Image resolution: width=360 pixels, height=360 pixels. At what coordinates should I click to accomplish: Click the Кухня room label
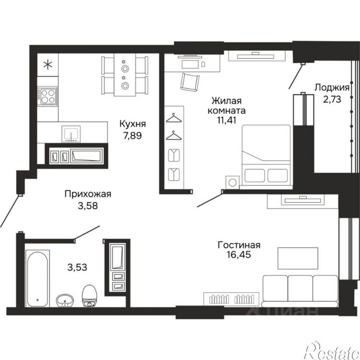[x=133, y=124]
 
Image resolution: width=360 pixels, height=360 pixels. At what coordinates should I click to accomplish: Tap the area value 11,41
[x=226, y=120]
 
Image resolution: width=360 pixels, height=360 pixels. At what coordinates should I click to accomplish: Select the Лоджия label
[x=332, y=88]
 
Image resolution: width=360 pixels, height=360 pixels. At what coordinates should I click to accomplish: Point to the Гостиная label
[x=239, y=245]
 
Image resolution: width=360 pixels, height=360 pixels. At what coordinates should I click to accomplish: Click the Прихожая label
[x=88, y=194]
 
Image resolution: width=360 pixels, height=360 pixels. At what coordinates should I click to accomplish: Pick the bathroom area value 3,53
[x=77, y=267]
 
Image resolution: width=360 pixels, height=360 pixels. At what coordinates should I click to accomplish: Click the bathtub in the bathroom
[x=37, y=278]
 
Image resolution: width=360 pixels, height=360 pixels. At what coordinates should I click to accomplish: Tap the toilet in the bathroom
[x=89, y=296]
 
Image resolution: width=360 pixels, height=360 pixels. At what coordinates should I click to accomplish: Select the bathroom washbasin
[x=65, y=300]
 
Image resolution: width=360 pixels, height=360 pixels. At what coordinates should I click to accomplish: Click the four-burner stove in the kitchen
[x=48, y=96]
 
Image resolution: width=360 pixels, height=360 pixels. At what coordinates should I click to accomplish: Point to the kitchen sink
[x=71, y=134]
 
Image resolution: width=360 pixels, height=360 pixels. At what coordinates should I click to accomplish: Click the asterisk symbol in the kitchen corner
[x=48, y=65]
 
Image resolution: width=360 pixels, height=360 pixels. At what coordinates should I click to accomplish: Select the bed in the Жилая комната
[x=266, y=155]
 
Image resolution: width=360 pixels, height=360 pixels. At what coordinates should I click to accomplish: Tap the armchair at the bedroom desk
[x=190, y=82]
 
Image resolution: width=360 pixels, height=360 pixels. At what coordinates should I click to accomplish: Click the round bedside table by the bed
[x=232, y=183]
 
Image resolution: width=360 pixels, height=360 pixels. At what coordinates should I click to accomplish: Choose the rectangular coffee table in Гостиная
[x=298, y=258]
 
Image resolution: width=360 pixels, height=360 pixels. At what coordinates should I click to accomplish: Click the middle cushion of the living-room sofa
[x=300, y=288]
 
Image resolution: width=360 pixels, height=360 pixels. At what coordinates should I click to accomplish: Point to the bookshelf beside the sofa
[x=231, y=299]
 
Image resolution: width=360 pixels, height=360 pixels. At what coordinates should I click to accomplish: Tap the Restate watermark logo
[x=332, y=351]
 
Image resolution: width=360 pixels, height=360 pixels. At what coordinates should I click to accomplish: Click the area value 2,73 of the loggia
[x=332, y=99]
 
